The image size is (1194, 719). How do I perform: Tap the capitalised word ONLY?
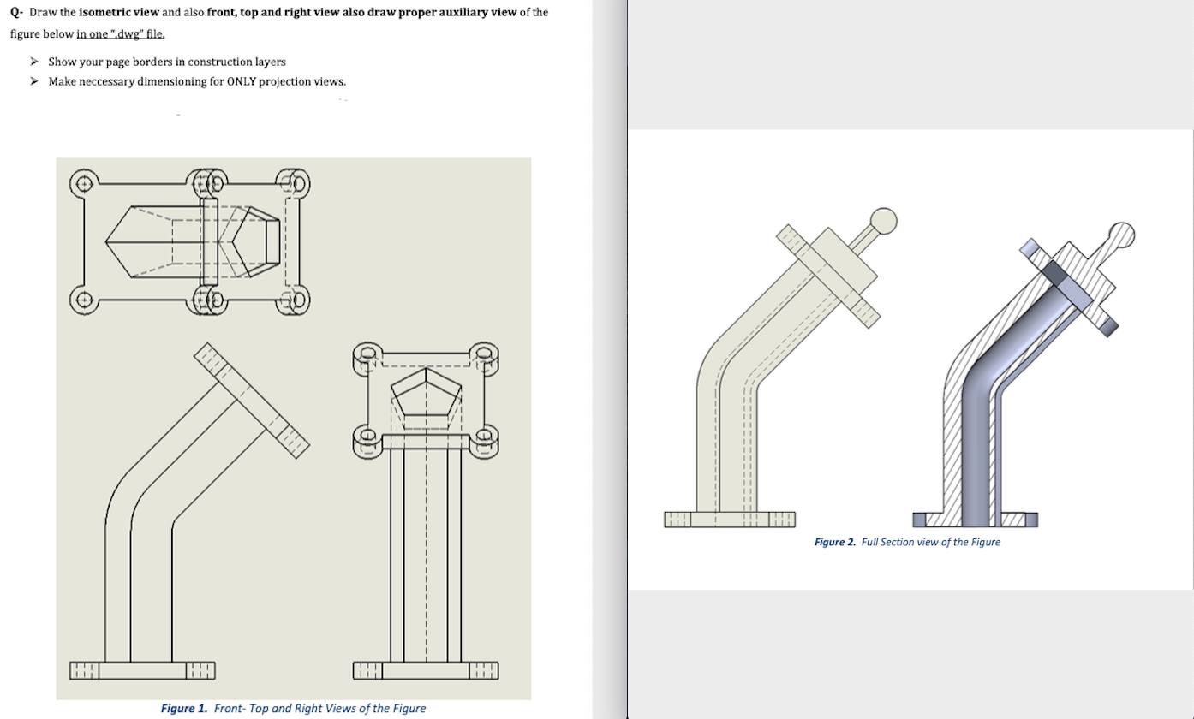(x=243, y=81)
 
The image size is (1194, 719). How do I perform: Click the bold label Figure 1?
(x=184, y=708)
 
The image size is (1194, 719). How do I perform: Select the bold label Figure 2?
(x=834, y=542)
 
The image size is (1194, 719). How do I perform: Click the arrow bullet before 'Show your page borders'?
(x=34, y=62)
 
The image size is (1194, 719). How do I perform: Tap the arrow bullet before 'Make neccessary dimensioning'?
(x=34, y=81)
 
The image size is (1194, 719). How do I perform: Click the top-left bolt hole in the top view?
(x=83, y=182)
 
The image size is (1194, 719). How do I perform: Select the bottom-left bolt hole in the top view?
(x=83, y=300)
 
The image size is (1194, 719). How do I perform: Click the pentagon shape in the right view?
(x=426, y=397)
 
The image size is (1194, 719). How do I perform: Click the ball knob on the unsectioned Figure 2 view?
(x=883, y=221)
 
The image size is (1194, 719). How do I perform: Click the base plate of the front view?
(x=142, y=669)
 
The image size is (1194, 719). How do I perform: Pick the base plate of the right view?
(x=426, y=669)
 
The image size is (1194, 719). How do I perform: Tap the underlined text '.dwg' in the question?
(x=130, y=33)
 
